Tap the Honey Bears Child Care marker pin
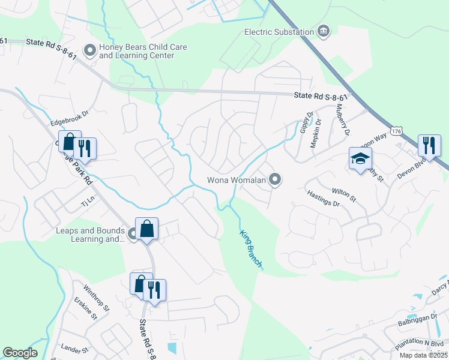[x=90, y=51]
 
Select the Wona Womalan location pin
[x=275, y=179]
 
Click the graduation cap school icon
[x=360, y=158]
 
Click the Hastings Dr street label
[x=323, y=199]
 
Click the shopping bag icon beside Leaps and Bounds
[x=146, y=229]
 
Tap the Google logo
[x=20, y=353]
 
